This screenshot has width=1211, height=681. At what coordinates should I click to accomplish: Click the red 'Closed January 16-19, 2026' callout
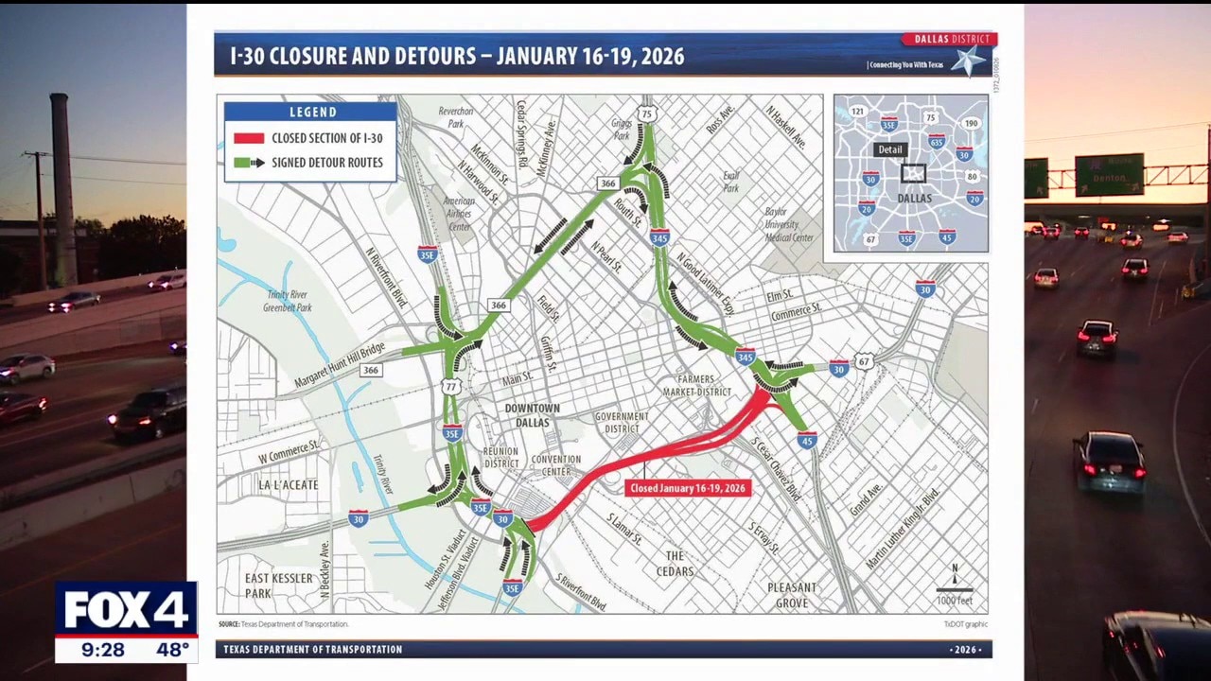[x=688, y=488]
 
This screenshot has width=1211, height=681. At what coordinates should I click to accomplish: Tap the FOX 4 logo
[x=126, y=610]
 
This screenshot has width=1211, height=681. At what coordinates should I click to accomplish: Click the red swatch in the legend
[x=248, y=138]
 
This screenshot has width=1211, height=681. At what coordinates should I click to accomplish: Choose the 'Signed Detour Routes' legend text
[x=327, y=163]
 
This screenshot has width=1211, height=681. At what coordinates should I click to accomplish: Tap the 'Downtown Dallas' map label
[x=532, y=415]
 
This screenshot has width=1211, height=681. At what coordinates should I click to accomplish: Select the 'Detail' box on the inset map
[x=890, y=149]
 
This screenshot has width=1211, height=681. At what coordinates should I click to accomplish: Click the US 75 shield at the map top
[x=647, y=114]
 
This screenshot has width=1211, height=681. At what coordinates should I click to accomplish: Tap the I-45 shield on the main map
[x=807, y=440]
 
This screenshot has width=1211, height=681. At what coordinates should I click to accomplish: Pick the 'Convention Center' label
[x=556, y=465]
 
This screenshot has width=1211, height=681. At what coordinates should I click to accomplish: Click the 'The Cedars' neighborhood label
[x=675, y=564]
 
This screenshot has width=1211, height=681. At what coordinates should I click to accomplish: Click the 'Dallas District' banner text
[x=952, y=40]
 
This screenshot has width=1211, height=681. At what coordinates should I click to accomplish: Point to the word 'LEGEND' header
[x=312, y=112]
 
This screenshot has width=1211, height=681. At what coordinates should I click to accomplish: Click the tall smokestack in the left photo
[x=63, y=189]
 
